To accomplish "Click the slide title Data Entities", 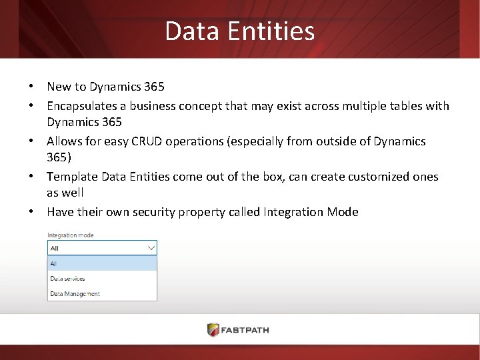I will coord(239,31).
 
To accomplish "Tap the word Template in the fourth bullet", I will coord(72,176).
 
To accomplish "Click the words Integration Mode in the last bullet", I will coord(311,211).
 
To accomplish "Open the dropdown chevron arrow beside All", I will coord(151,248).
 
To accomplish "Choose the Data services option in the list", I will coord(67,279).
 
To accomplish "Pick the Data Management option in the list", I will coord(75,293).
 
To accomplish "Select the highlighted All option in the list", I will coord(54,263).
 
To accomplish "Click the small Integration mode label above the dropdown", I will coord(70,235).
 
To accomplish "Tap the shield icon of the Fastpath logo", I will coord(213,330).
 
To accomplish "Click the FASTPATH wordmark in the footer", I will coord(246,330).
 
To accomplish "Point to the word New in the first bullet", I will coord(59,86).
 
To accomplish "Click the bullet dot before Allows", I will coord(31,141).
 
